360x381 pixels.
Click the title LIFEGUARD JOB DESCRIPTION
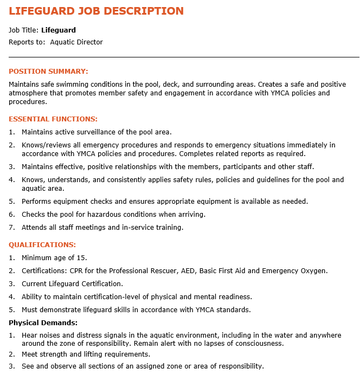[96, 11]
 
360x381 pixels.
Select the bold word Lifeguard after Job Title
[59, 30]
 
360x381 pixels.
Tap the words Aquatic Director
[76, 42]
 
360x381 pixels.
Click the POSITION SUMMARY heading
[48, 71]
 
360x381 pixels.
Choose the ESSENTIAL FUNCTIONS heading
[53, 119]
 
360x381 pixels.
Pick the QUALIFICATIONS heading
[42, 244]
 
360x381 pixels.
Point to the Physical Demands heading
[43, 322]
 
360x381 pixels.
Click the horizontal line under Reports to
[184, 56]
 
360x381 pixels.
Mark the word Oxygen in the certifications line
[314, 270]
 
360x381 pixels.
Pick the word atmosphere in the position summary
[28, 93]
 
